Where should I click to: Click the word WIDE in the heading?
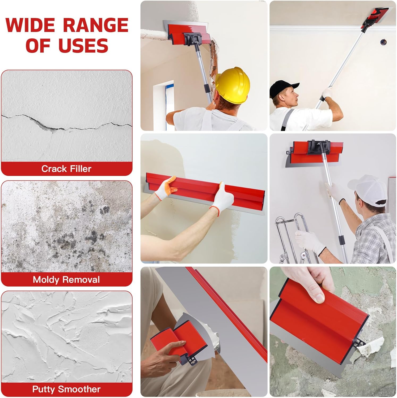point(30,25)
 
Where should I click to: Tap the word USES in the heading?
point(83,45)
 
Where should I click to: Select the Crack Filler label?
point(66,169)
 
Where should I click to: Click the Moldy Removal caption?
point(66,280)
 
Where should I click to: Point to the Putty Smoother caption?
point(66,389)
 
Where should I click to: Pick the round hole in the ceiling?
point(383,42)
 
